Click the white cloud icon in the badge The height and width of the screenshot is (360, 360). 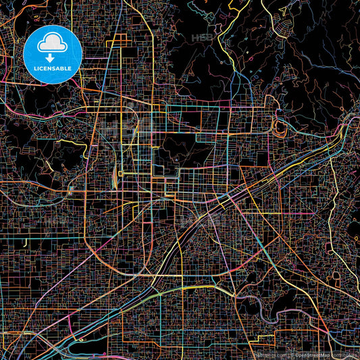(53, 45)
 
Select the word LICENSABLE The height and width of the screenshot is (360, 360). (53, 69)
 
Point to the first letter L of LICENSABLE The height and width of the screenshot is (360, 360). (34, 69)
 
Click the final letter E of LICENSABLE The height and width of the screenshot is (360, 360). (71, 69)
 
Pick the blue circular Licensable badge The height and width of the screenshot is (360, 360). (53, 54)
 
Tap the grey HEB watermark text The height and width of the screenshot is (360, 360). (202, 38)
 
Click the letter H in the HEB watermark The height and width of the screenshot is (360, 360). (195, 38)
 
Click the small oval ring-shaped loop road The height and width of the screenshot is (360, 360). (279, 125)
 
